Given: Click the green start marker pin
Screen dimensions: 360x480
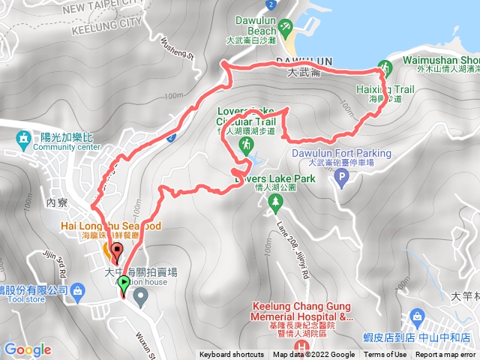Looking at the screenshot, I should (124, 283).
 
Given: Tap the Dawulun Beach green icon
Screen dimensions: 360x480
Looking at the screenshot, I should (286, 28).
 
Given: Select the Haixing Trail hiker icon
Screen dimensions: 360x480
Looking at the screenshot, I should (384, 67).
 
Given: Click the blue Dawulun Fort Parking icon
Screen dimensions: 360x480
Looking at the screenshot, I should (343, 178).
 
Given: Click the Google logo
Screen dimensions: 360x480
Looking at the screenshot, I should (27, 349).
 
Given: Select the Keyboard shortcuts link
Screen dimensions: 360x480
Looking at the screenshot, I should (232, 355).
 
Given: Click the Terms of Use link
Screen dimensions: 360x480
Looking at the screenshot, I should (385, 355).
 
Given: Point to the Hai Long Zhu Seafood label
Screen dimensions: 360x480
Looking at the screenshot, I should (111, 226).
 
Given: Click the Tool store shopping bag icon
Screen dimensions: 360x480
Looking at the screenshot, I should (78, 290).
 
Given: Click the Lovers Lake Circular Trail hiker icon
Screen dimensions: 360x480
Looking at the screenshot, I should (245, 143).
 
